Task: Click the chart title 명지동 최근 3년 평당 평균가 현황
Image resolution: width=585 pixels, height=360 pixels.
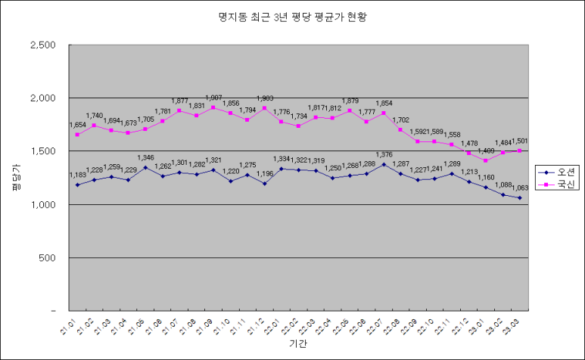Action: [x=292, y=16]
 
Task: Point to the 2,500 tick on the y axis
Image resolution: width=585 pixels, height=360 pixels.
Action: [x=43, y=45]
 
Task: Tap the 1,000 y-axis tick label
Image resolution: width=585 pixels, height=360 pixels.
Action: [x=43, y=205]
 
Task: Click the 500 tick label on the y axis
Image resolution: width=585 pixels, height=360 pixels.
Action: [x=48, y=258]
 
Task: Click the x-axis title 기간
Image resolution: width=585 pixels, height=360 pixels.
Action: [x=297, y=344]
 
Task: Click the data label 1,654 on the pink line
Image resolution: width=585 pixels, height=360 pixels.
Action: [x=77, y=125]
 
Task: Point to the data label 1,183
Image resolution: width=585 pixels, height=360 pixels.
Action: [x=77, y=175]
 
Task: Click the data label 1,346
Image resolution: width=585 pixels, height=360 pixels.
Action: [x=145, y=158]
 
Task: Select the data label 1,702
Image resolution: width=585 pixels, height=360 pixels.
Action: [x=401, y=119]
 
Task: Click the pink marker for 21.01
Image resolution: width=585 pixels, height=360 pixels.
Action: [x=77, y=135]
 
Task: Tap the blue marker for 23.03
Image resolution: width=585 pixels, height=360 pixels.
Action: [x=519, y=198]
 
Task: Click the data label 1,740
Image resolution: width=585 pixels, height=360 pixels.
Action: [x=94, y=116]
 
